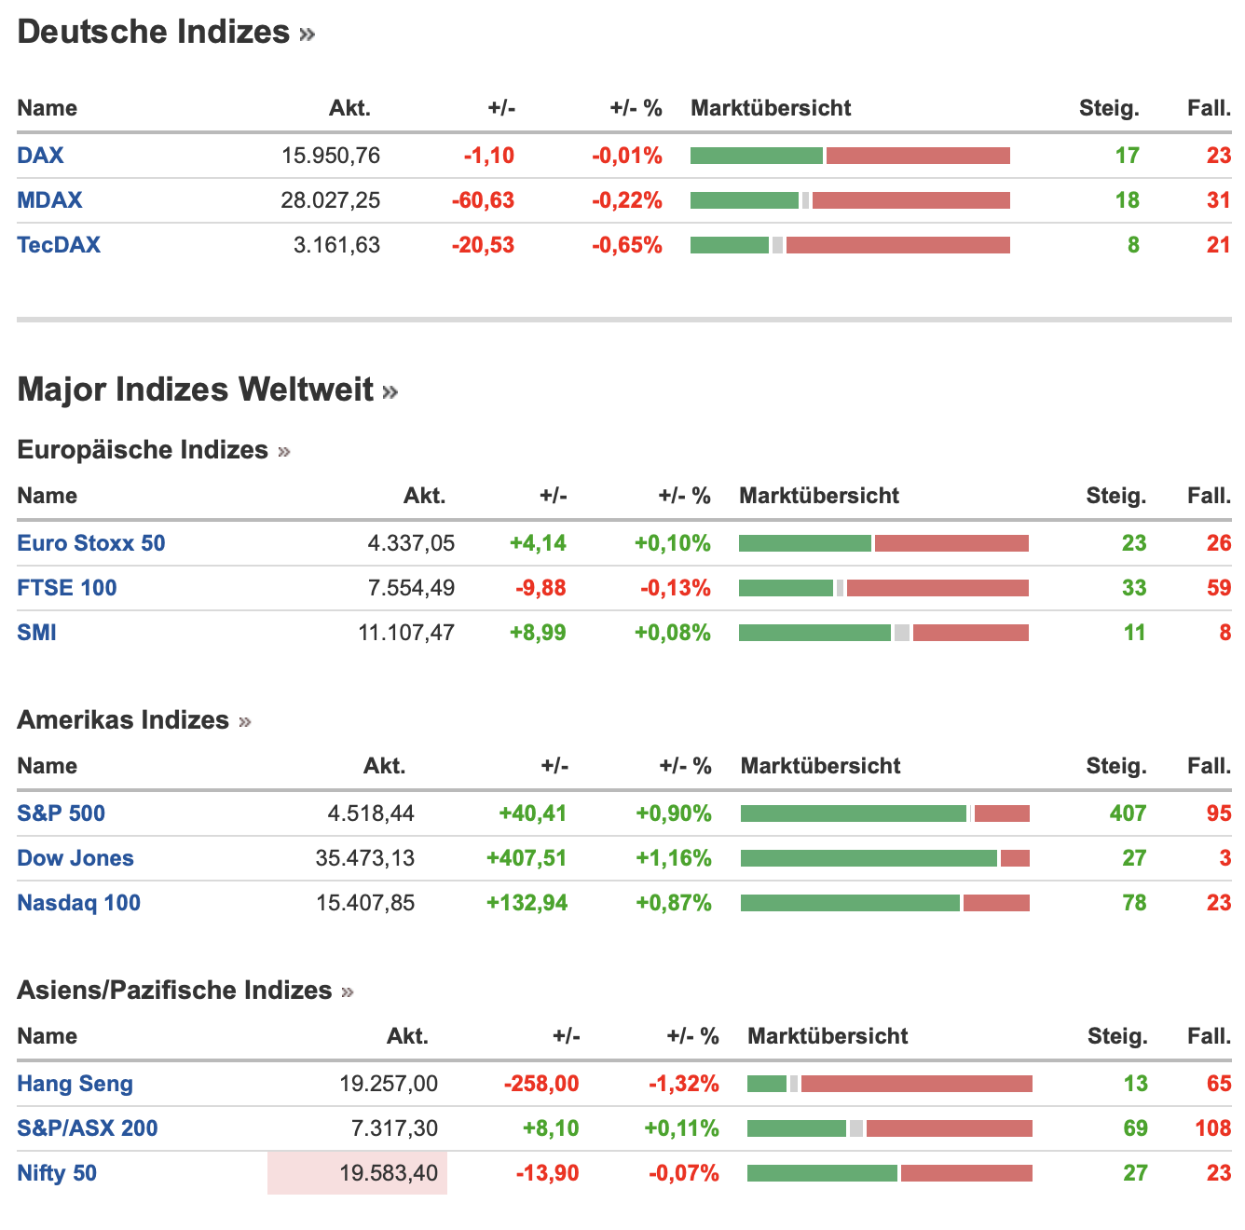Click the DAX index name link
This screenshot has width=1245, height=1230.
pyautogui.click(x=40, y=156)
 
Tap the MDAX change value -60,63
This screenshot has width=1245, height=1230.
pyautogui.click(x=483, y=200)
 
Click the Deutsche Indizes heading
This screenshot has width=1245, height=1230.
pyautogui.click(x=154, y=33)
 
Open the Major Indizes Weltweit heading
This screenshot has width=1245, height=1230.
pyautogui.click(x=196, y=389)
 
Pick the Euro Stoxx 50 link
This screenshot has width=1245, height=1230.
pyautogui.click(x=91, y=543)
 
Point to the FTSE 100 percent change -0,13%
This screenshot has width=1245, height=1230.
pyautogui.click(x=675, y=588)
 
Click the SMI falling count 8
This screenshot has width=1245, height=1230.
pyautogui.click(x=1224, y=633)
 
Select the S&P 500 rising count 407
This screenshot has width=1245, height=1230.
pyautogui.click(x=1128, y=813)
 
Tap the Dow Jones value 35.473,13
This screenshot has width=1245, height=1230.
pyautogui.click(x=365, y=858)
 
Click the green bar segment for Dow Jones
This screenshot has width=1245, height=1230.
pyautogui.click(x=869, y=858)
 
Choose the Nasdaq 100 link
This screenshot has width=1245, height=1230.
pyautogui.click(x=79, y=903)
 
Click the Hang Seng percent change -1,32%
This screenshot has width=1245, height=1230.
pyautogui.click(x=684, y=1084)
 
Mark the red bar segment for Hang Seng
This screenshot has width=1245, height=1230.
pyautogui.click(x=916, y=1084)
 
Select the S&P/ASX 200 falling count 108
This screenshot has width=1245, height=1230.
pyautogui.click(x=1212, y=1128)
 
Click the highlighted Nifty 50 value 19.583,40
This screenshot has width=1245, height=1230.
pyautogui.click(x=389, y=1173)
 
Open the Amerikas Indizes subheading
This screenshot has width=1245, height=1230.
pyautogui.click(x=123, y=720)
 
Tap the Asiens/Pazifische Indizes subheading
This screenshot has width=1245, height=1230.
pyautogui.click(x=174, y=991)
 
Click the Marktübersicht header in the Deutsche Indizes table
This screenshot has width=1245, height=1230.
pyautogui.click(x=771, y=108)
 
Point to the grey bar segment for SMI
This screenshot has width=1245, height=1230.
pyautogui.click(x=901, y=633)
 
